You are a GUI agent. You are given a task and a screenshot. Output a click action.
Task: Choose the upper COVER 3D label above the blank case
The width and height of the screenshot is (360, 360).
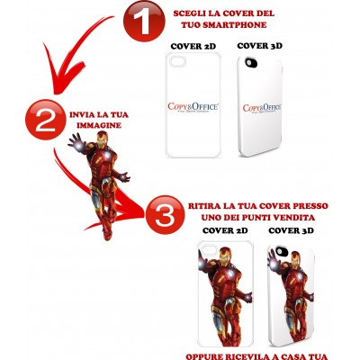tap(257, 45)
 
